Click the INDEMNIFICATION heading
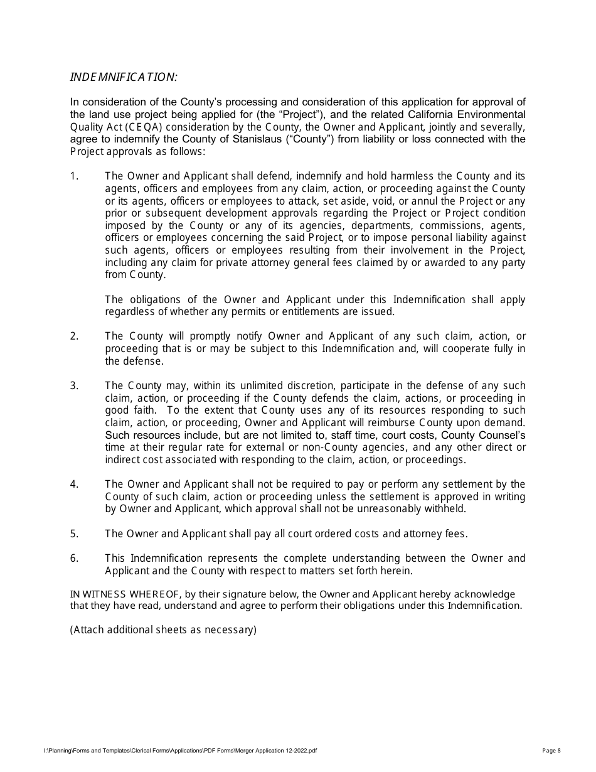124,77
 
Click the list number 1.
74,176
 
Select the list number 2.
74,336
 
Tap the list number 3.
74,386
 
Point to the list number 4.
74,485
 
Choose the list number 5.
74,534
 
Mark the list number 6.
74,559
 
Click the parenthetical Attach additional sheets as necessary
163,630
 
